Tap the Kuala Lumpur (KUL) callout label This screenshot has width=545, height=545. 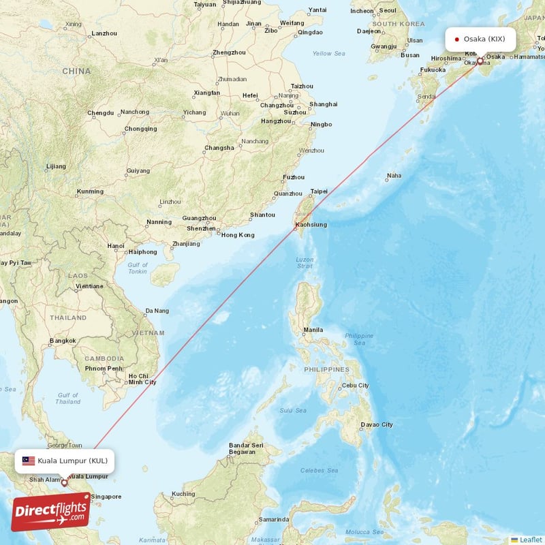pos(64,461)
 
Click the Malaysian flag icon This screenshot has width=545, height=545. pos(29,461)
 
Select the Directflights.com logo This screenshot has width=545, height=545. pos(51,512)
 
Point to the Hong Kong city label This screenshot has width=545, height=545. pos(237,235)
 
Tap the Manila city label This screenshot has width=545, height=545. pos(313,330)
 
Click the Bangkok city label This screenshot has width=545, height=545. pos(62,341)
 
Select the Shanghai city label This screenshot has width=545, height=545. pos(324,104)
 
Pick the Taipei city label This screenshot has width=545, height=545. pos(319,191)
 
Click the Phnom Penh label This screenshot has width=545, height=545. pos(103,369)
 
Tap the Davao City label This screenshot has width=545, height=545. pos(377,425)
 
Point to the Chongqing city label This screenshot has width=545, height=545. pos(140,129)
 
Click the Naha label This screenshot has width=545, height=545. pos(394,176)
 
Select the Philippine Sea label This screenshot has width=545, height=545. pos(359,339)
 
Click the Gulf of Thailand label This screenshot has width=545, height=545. pos(68,399)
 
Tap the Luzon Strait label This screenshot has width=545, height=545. pos(305,263)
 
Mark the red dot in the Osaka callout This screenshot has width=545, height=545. pos(456,39)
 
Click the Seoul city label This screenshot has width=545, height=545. pos(388,11)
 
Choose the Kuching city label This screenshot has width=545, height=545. pos(183,494)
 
